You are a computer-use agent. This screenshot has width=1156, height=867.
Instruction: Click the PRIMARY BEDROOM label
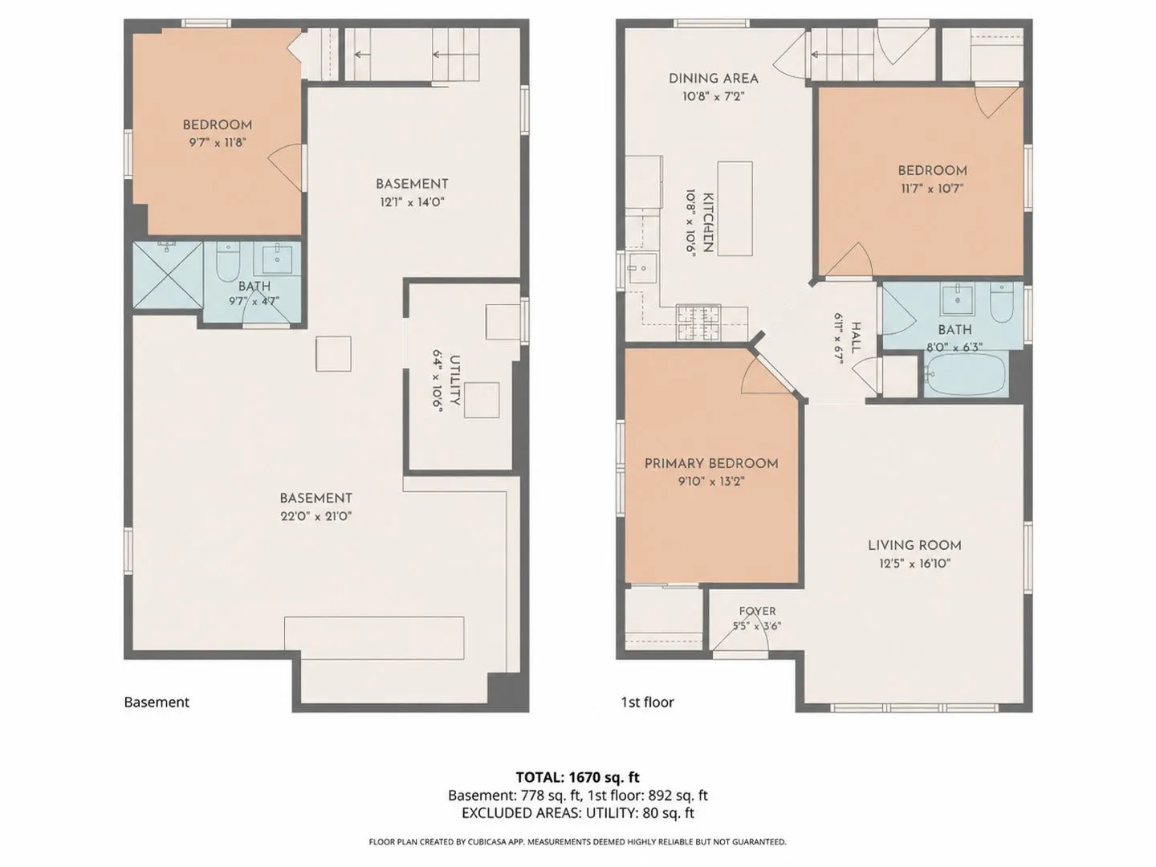pos(711,464)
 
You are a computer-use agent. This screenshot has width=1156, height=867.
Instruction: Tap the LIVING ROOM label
pos(915,545)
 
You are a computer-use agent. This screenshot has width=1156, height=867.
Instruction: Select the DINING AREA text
pos(714,79)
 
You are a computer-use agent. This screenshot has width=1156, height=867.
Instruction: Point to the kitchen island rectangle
pos(735,209)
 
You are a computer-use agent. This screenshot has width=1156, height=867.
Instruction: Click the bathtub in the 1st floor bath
pos(965,374)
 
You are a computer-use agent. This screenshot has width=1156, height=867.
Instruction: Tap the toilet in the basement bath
pos(228,262)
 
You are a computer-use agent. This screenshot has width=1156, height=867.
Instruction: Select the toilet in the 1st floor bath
pos(1002,303)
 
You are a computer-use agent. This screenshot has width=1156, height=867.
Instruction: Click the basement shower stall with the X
pos(168,275)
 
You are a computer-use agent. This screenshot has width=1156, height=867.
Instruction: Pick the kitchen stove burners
pos(699,323)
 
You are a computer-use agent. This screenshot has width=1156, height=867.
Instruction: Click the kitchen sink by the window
pos(642,268)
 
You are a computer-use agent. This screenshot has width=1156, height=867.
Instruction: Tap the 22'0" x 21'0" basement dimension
pos(316,516)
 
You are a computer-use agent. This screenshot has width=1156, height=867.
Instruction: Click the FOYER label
pos(757,611)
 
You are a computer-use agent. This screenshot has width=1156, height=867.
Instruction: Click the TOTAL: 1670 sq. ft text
pos(578,777)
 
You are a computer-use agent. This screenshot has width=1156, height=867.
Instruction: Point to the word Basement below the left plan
pos(157,702)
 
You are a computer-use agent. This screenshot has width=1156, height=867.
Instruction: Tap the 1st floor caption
pos(647,702)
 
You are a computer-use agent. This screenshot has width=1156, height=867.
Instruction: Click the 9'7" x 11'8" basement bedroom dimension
pos(218,143)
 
